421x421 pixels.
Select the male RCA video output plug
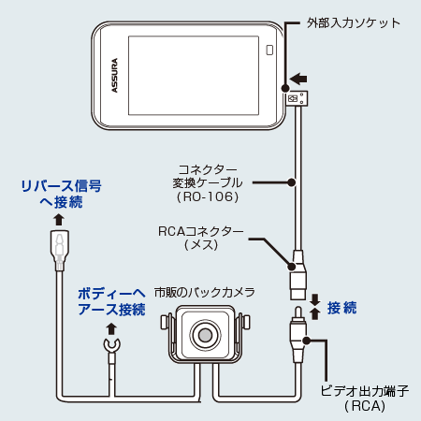(x=298, y=339)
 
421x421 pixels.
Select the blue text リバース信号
(x=60, y=185)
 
